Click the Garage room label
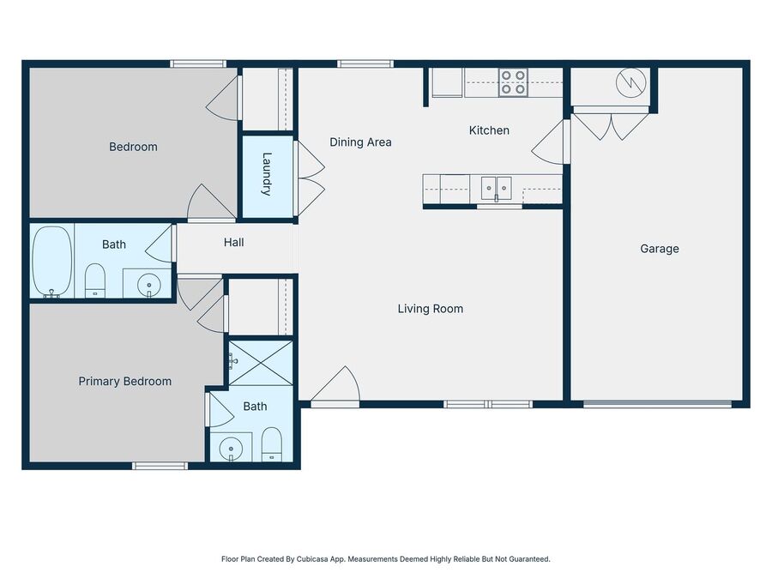coord(660,249)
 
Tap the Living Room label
coord(431,309)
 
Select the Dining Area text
coord(360,142)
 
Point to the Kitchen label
coord(489,130)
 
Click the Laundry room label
coord(267,174)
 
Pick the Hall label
coord(234,242)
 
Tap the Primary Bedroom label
coord(125,382)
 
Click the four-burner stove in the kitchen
coord(513,82)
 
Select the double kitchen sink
coord(497,188)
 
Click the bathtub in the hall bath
coord(51,262)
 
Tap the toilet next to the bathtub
coord(95,280)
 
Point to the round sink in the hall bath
coord(148,284)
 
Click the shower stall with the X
coord(261,363)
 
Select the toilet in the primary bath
coord(271,444)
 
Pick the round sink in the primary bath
coord(230,449)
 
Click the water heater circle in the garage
coord(630,82)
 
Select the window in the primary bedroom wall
coord(160,466)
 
